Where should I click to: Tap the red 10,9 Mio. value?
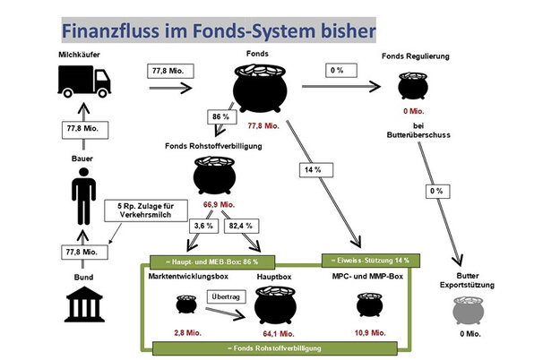(x=370, y=331)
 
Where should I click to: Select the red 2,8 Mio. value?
(x=185, y=331)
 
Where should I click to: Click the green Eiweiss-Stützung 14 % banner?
(x=365, y=261)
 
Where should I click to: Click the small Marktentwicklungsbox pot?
(x=185, y=305)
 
